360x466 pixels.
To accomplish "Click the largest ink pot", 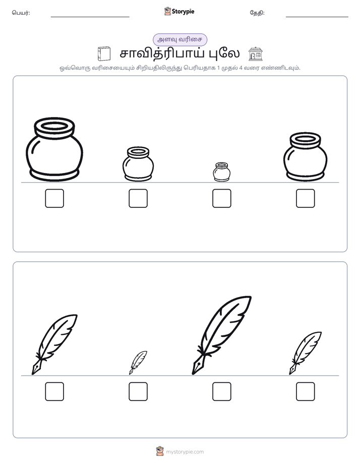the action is tap(54, 149).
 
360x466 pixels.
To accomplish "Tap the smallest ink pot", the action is tap(221, 172).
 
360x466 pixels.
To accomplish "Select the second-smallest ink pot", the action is tap(138, 164).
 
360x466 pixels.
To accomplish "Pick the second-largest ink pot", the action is tap(306, 157).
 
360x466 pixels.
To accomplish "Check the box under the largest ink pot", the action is tap(54, 198).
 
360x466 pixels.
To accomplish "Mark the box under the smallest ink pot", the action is tap(221, 198).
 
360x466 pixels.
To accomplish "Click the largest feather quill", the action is tap(221, 335).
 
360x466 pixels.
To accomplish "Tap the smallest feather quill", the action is tap(138, 363).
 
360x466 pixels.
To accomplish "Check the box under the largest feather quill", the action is tap(221, 391).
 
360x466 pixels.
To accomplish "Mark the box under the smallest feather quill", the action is tap(138, 391).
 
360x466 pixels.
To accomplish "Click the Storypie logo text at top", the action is tap(183, 12).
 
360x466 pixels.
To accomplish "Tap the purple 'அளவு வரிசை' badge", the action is tap(179, 39).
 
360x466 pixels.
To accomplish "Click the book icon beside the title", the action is tap(104, 54).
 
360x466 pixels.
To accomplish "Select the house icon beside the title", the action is tap(256, 54).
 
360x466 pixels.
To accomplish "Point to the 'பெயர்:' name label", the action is tap(21, 13).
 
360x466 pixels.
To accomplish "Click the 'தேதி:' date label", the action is tap(257, 13).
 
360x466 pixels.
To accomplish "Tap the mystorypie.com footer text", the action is tap(185, 452).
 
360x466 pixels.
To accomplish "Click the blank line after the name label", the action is tap(90, 17).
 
